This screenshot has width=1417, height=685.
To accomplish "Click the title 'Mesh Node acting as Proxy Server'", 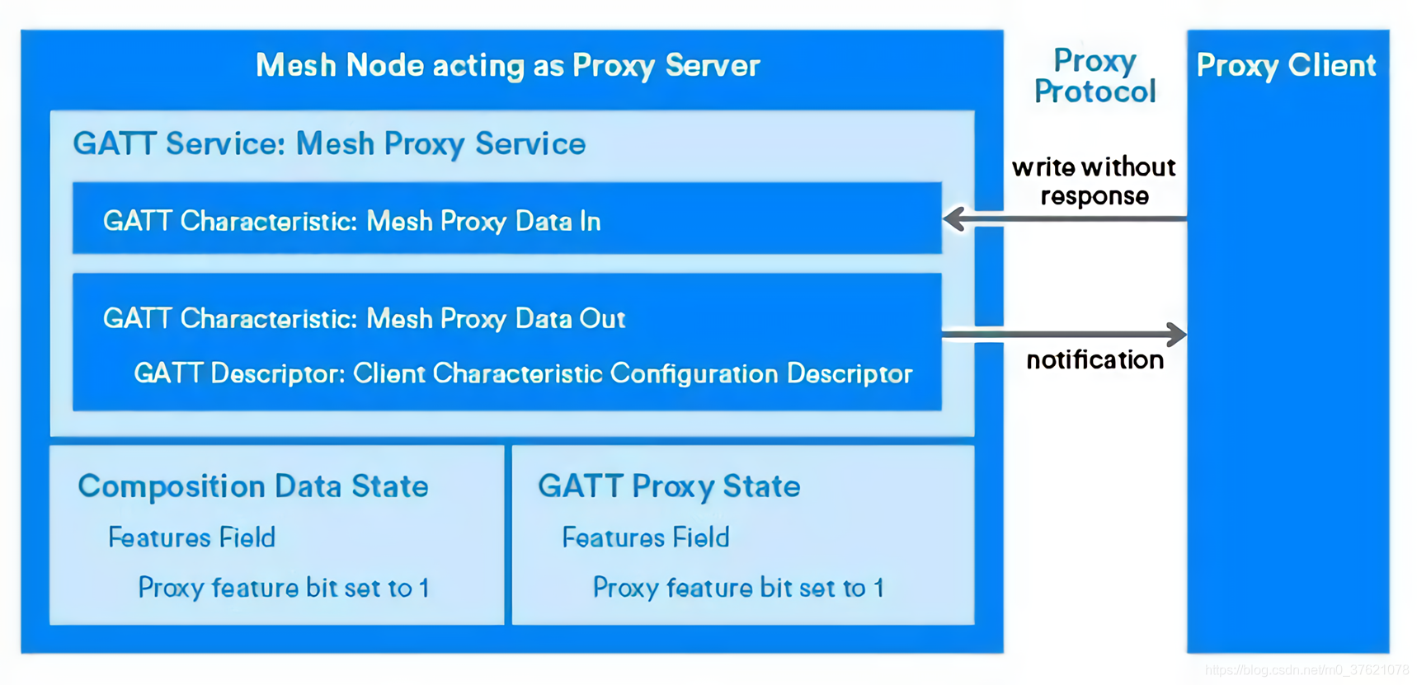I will (507, 65).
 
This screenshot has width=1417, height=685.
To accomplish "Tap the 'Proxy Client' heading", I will (1286, 65).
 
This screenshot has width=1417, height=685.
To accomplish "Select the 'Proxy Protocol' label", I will (1095, 76).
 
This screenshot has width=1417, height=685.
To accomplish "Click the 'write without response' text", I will (1094, 181).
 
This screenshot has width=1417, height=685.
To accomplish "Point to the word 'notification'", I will (1095, 360).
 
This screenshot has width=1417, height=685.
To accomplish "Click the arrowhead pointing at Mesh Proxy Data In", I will (955, 218).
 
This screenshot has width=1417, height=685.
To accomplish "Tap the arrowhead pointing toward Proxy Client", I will (1176, 334).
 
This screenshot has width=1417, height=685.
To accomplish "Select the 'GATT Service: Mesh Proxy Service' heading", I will (329, 144).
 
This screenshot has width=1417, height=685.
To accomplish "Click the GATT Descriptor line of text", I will (523, 373).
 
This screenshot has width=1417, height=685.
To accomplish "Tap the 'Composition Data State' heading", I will (252, 486).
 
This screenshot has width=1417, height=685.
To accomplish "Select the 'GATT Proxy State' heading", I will (669, 486).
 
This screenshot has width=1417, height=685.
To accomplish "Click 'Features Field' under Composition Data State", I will (191, 537).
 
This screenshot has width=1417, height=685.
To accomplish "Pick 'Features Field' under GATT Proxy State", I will (646, 537).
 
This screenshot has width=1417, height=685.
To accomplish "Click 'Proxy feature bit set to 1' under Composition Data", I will (283, 588).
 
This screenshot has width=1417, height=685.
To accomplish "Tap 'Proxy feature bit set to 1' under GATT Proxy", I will (738, 588).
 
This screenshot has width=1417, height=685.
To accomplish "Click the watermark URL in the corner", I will (1306, 670).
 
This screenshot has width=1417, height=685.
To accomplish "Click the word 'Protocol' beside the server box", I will (1095, 91).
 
